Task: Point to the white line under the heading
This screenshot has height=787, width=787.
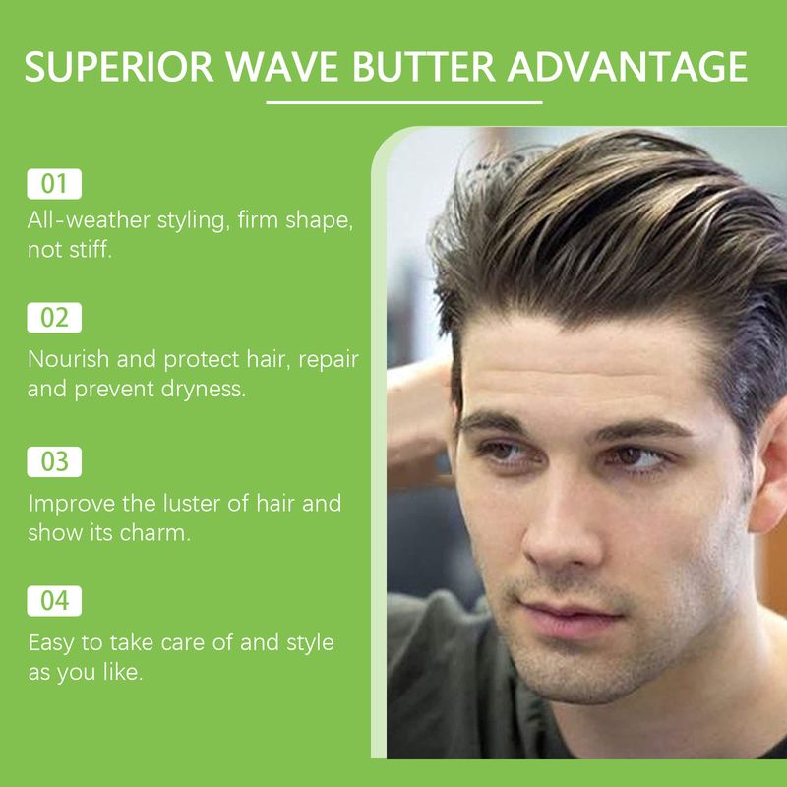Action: click(404, 101)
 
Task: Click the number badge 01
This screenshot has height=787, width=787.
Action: click(54, 184)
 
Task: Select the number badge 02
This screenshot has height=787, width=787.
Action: click(54, 318)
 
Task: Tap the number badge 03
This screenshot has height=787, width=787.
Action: click(54, 461)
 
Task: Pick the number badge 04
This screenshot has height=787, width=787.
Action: click(54, 600)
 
